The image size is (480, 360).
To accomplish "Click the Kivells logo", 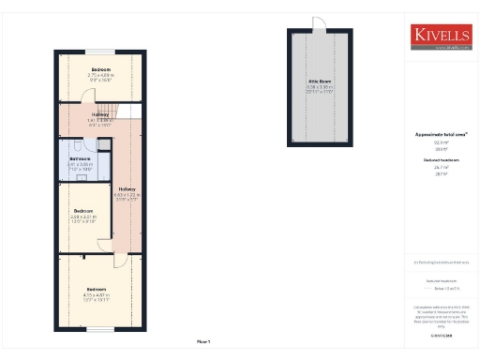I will (x=440, y=36).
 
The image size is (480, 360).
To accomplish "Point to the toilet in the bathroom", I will (x=85, y=144).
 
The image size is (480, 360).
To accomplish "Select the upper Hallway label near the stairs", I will (x=99, y=115).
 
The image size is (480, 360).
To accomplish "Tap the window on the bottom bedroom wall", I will (x=101, y=328).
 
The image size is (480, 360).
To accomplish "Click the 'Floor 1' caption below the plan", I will (x=203, y=340).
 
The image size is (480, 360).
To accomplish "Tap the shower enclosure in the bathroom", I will (x=67, y=144).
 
